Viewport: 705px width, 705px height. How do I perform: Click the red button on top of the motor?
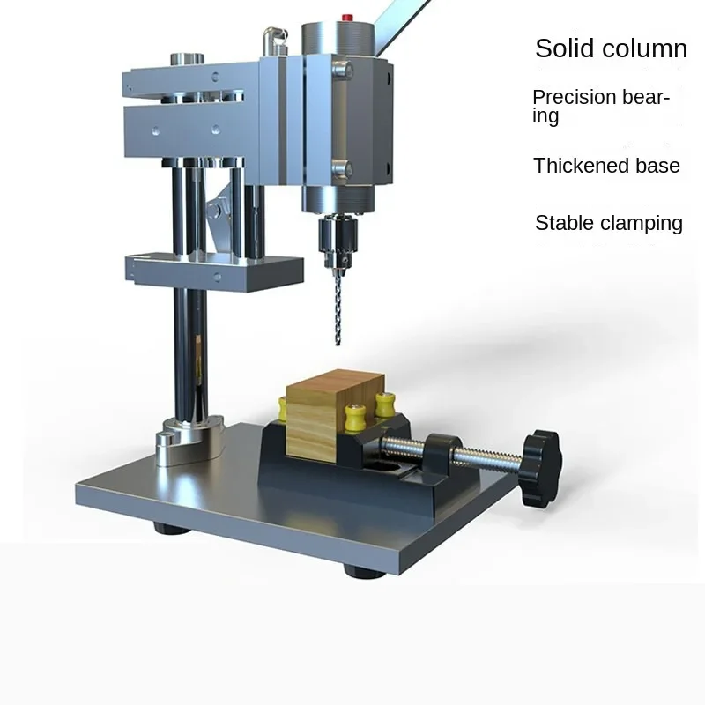(x=347, y=18)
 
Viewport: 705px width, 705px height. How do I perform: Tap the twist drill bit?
(x=338, y=310)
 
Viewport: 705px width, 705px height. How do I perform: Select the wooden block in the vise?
(x=335, y=416)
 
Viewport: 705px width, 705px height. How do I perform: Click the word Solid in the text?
(x=564, y=48)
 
